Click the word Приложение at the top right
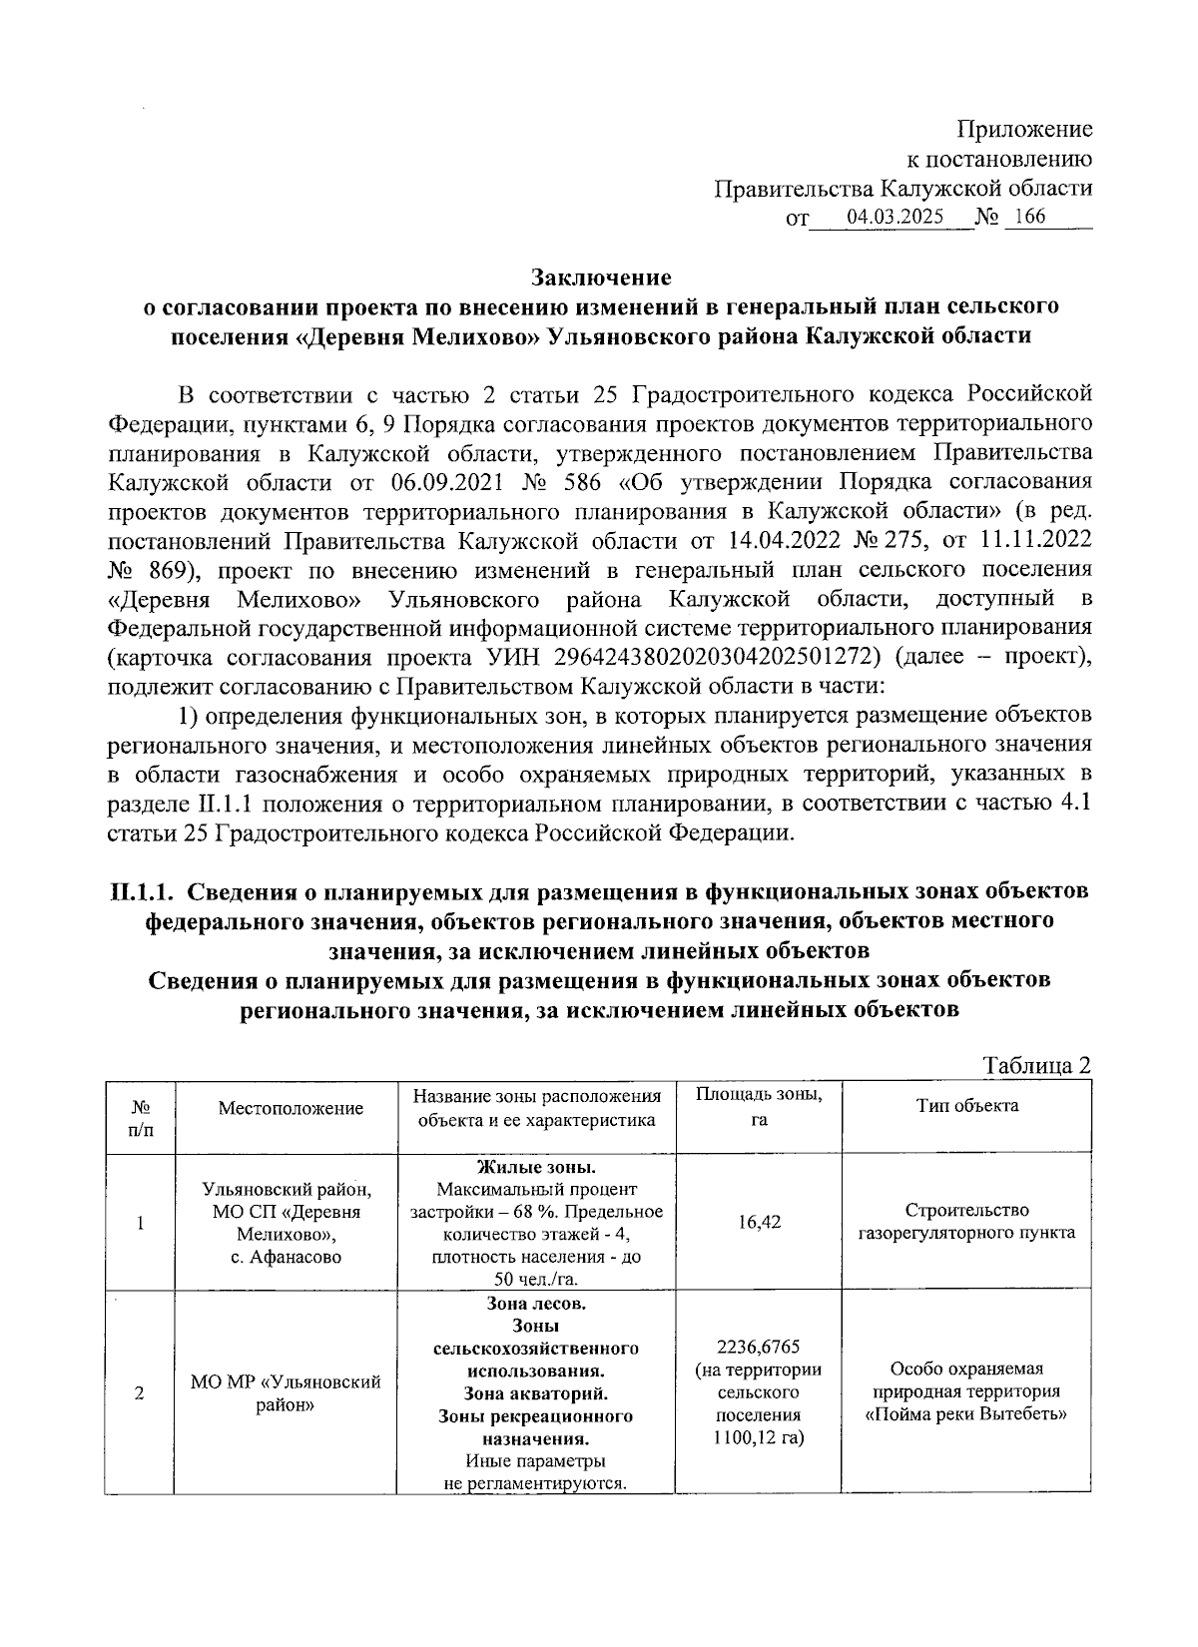click(x=1024, y=130)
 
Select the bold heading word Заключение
click(x=601, y=276)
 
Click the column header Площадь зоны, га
click(x=759, y=1107)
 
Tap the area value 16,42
click(x=759, y=1223)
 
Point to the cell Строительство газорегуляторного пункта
click(x=966, y=1222)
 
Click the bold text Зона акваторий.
click(x=537, y=1393)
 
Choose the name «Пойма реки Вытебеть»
click(x=966, y=1414)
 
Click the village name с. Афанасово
click(x=287, y=1257)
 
